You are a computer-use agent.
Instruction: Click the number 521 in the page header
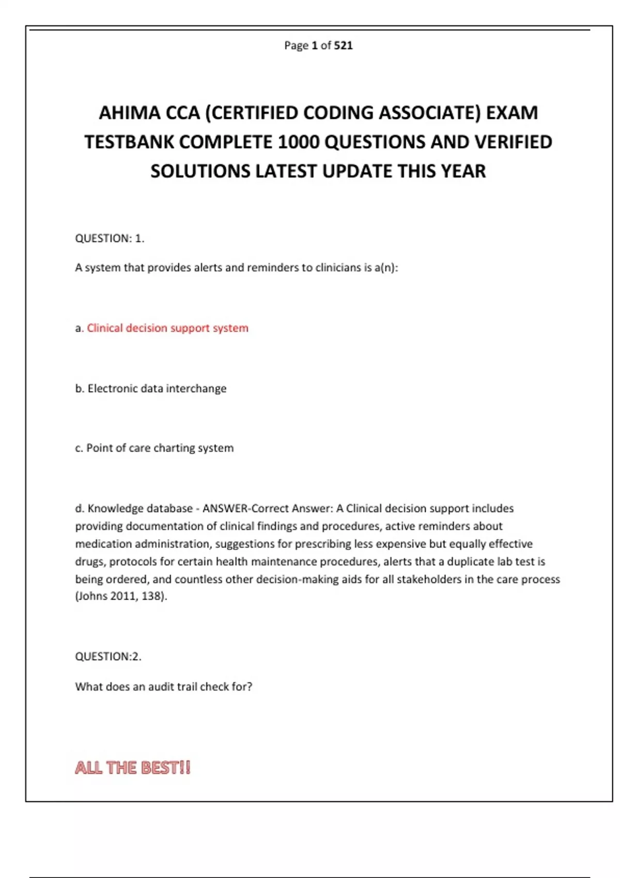tap(344, 45)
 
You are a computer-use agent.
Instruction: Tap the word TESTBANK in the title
tap(129, 142)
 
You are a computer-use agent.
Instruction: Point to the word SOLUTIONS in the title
tap(200, 171)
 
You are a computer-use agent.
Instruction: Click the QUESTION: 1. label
tap(110, 238)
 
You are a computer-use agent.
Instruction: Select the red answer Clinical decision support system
tap(167, 328)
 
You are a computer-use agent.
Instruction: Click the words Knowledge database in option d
tap(140, 508)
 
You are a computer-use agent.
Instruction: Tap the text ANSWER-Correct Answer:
tap(268, 508)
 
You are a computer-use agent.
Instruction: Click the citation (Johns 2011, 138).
tap(121, 596)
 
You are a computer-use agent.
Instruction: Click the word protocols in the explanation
tap(131, 561)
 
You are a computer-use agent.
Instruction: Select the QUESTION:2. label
tap(108, 656)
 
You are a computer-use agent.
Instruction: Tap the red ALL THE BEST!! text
tap(133, 767)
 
